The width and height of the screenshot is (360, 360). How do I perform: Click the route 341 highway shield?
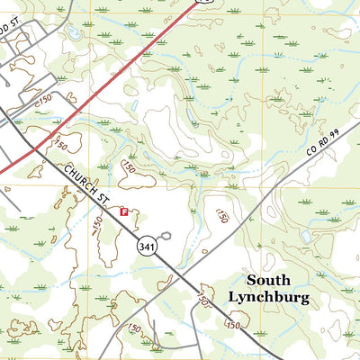146,246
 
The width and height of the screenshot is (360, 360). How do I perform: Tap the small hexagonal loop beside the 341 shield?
167,233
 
